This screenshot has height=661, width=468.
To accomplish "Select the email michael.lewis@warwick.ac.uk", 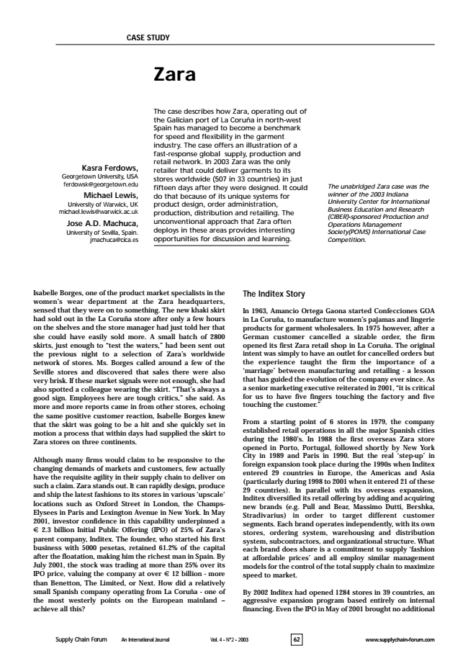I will click(x=98, y=210).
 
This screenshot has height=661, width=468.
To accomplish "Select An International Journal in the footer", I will click(x=146, y=639).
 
